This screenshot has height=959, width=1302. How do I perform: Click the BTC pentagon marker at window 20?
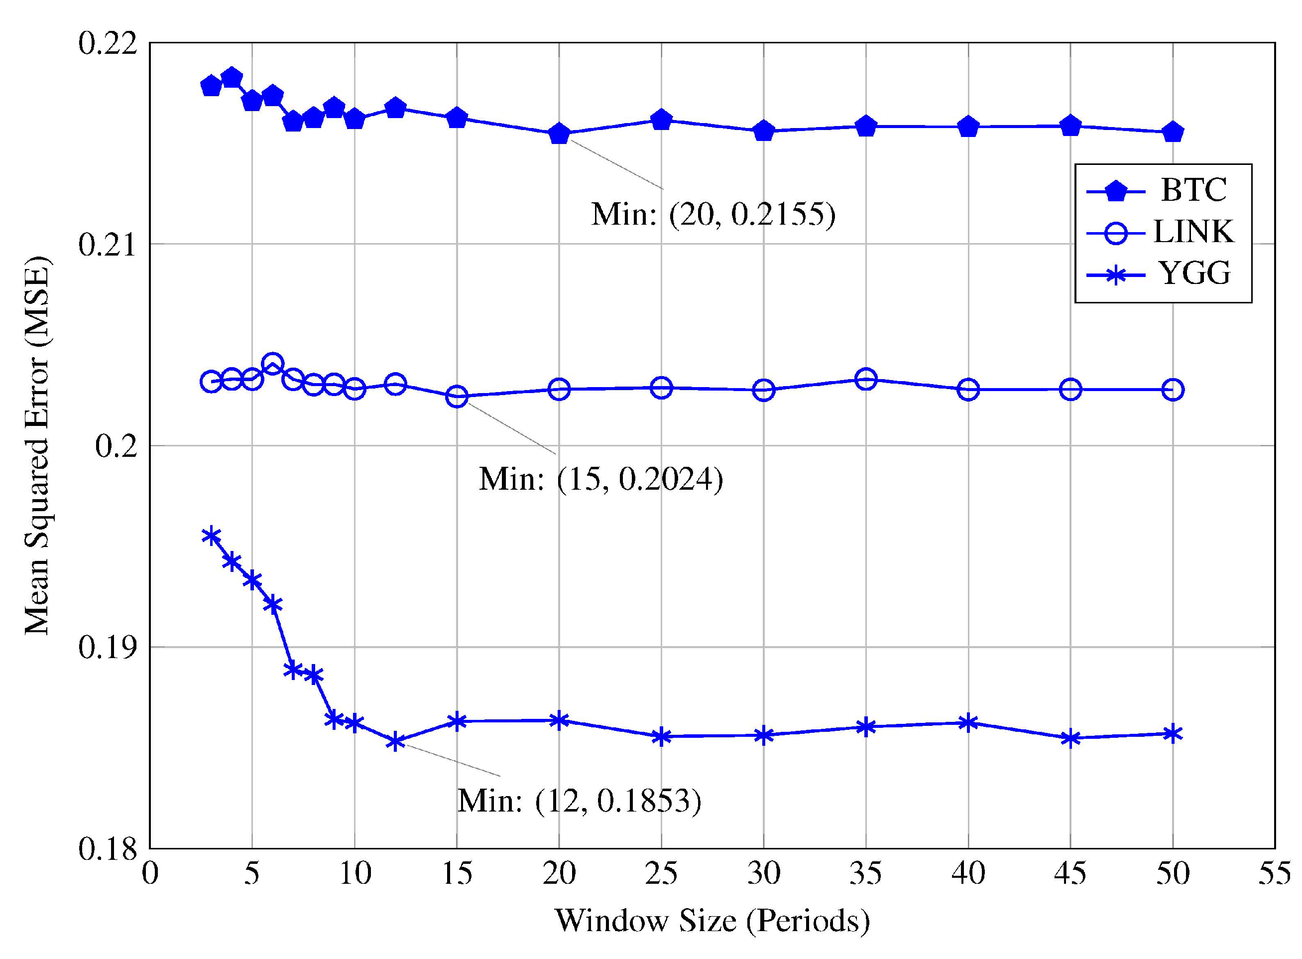coord(559,134)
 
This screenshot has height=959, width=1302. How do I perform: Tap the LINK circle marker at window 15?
coord(457,397)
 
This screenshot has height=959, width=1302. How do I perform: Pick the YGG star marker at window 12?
coord(395,742)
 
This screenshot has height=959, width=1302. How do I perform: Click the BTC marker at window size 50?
coord(1172,133)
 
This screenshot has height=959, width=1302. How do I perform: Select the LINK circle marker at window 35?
coord(865,380)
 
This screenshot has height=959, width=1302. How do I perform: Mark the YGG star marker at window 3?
coord(211,535)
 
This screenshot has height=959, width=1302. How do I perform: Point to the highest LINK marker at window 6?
coord(273,365)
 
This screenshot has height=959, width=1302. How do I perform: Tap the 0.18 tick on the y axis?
coord(108,849)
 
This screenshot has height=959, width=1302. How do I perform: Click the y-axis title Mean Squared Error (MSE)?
coord(38,446)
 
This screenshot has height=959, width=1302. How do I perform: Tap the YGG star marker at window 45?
coord(1070,738)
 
